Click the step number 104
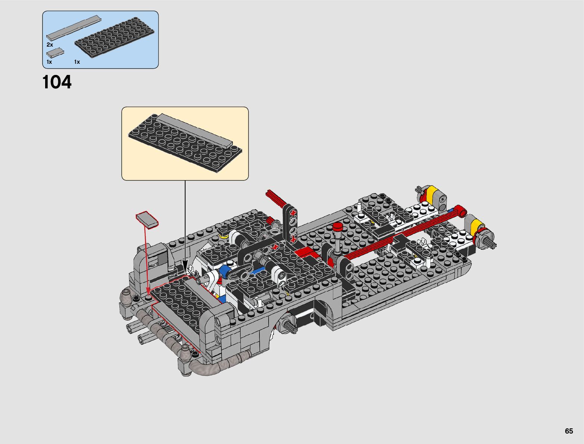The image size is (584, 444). pyautogui.click(x=57, y=82)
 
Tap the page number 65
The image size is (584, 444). pyautogui.click(x=569, y=431)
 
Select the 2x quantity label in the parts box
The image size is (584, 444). pyautogui.click(x=50, y=45)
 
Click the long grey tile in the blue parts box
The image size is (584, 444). pyautogui.click(x=74, y=28)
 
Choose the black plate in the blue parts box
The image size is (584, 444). pyautogui.click(x=115, y=37)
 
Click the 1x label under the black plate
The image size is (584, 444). pyautogui.click(x=77, y=62)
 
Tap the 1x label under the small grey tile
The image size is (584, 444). pyautogui.click(x=49, y=62)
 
